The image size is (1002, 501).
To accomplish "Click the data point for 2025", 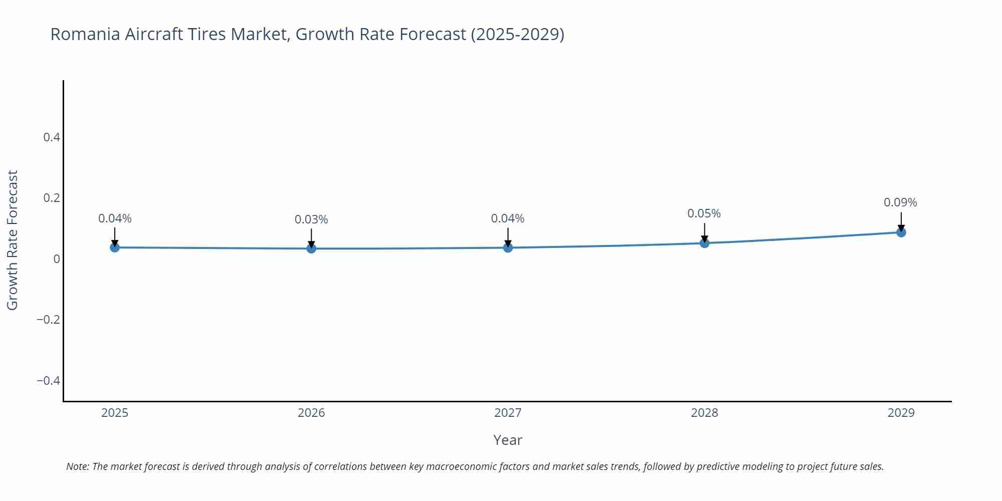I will (x=115, y=247).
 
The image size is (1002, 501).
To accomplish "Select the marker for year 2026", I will (x=311, y=248).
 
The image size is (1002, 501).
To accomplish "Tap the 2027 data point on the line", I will (x=508, y=247).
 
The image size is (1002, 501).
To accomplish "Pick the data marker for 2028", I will (x=704, y=243).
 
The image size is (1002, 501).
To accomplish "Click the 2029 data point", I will (x=901, y=232).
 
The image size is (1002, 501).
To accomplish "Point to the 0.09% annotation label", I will (x=900, y=202).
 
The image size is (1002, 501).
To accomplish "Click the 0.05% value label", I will (x=703, y=213).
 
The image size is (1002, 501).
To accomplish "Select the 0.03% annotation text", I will (x=311, y=219).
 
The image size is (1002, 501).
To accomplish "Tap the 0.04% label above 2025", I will (x=115, y=218).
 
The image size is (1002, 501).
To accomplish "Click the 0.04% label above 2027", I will (x=508, y=218).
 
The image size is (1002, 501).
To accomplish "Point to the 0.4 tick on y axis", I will (x=52, y=137).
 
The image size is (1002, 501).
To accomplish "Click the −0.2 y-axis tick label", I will (x=48, y=320).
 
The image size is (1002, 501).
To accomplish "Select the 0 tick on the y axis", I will (x=57, y=259).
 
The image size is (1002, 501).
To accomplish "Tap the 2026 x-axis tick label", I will (x=311, y=413).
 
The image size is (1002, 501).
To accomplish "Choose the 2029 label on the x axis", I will (x=901, y=413).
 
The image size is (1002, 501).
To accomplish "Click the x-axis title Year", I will (x=508, y=440).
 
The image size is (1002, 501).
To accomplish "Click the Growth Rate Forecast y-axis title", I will (x=13, y=240).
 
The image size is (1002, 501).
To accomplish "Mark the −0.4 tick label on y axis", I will (x=48, y=381).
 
